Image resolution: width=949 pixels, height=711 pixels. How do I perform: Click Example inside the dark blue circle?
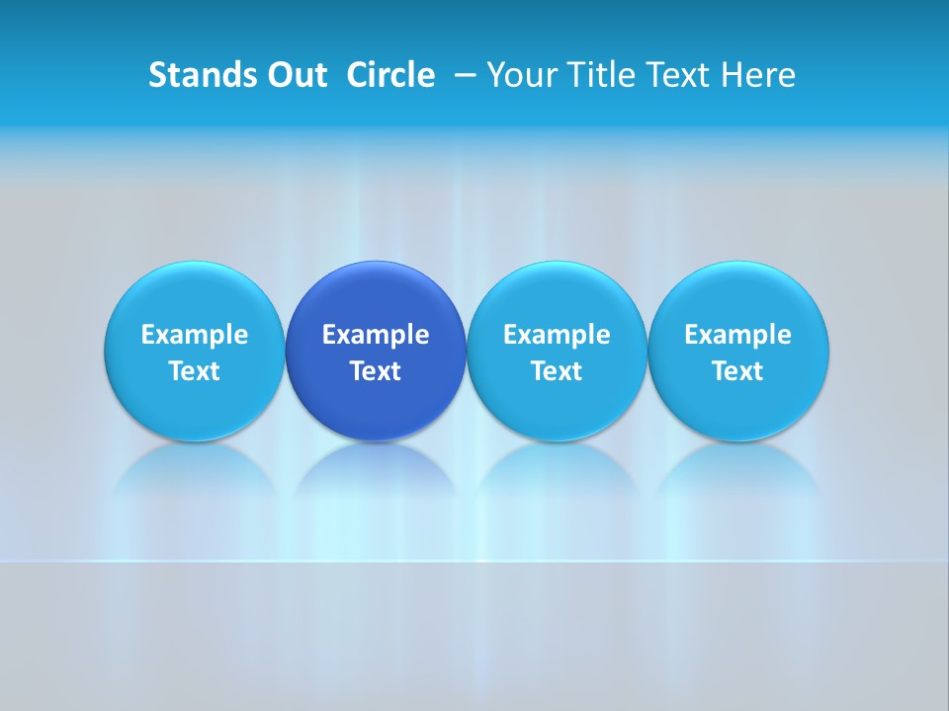[376, 335]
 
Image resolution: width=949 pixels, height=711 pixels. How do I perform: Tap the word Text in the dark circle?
[376, 371]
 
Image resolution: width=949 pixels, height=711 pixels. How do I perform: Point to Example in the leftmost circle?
[195, 335]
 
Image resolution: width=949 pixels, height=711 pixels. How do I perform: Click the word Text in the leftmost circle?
[195, 371]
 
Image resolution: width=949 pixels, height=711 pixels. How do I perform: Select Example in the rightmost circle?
[738, 335]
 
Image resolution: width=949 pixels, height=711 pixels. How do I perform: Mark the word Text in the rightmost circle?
[738, 371]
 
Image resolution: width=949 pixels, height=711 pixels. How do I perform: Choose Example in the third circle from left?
[557, 335]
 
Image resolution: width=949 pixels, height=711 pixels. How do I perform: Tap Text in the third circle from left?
[557, 371]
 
